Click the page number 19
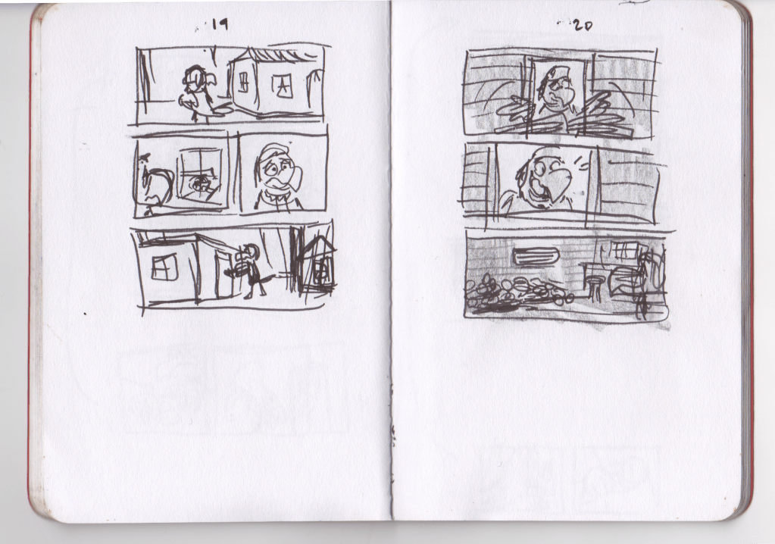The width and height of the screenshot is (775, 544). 220,23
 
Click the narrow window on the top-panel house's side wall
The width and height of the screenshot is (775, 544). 243,82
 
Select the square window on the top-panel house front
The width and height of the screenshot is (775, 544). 282,86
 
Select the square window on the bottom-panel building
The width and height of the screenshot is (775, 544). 164,267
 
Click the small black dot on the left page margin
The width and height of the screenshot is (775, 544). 85,313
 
